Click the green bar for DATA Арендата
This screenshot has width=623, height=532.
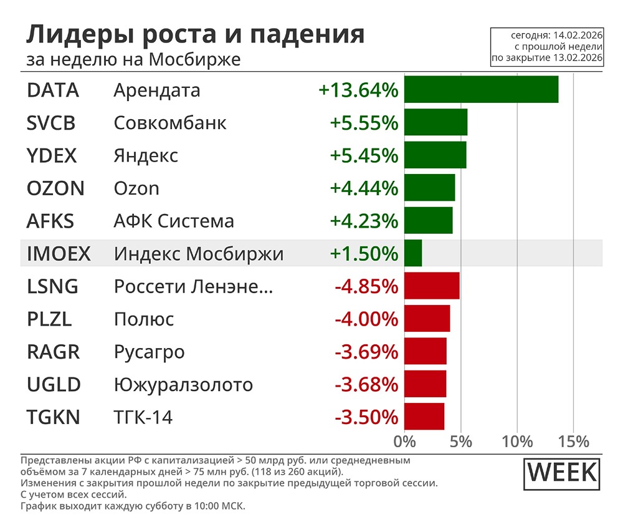pyautogui.click(x=481, y=90)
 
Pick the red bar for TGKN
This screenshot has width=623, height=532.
pyautogui.click(x=424, y=417)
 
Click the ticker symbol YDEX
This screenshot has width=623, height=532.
pyautogui.click(x=52, y=155)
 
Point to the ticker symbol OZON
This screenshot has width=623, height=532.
pyautogui.click(x=55, y=188)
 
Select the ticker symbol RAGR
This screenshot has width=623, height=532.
pyautogui.click(x=54, y=352)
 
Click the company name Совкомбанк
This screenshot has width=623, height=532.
pyautogui.click(x=170, y=123)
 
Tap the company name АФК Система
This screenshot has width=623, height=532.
pyautogui.click(x=174, y=221)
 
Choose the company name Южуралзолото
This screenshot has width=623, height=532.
pyautogui.click(x=183, y=384)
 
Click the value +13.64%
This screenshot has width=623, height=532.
pyautogui.click(x=358, y=90)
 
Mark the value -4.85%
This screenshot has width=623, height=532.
pyautogui.click(x=366, y=287)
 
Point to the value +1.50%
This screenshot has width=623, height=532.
pyautogui.click(x=364, y=254)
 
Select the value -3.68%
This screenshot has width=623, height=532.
pyautogui.click(x=366, y=384)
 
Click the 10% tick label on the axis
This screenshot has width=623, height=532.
pyautogui.click(x=517, y=442)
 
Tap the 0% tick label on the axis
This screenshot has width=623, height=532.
pyautogui.click(x=405, y=442)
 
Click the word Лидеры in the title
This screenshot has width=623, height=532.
pyautogui.click(x=68, y=35)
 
